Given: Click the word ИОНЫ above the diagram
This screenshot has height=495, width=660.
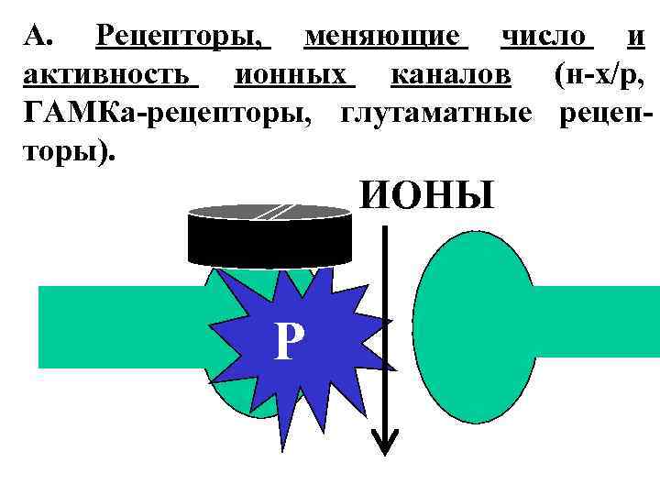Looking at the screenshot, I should click(426, 195).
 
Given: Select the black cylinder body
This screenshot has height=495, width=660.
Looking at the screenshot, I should click(269, 241).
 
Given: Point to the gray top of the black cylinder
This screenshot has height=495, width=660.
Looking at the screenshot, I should click(269, 212).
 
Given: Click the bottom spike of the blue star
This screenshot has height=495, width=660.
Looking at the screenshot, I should click(280, 440).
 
